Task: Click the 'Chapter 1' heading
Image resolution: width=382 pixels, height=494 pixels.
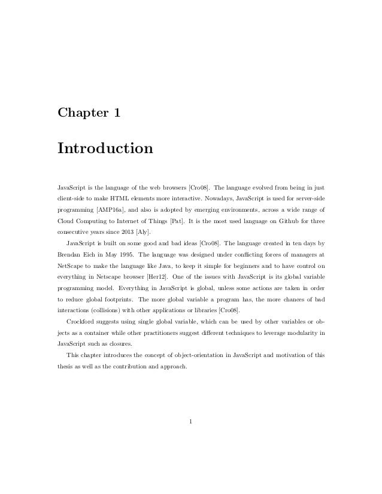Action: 89,112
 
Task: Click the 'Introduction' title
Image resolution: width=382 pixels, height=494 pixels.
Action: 105,147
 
